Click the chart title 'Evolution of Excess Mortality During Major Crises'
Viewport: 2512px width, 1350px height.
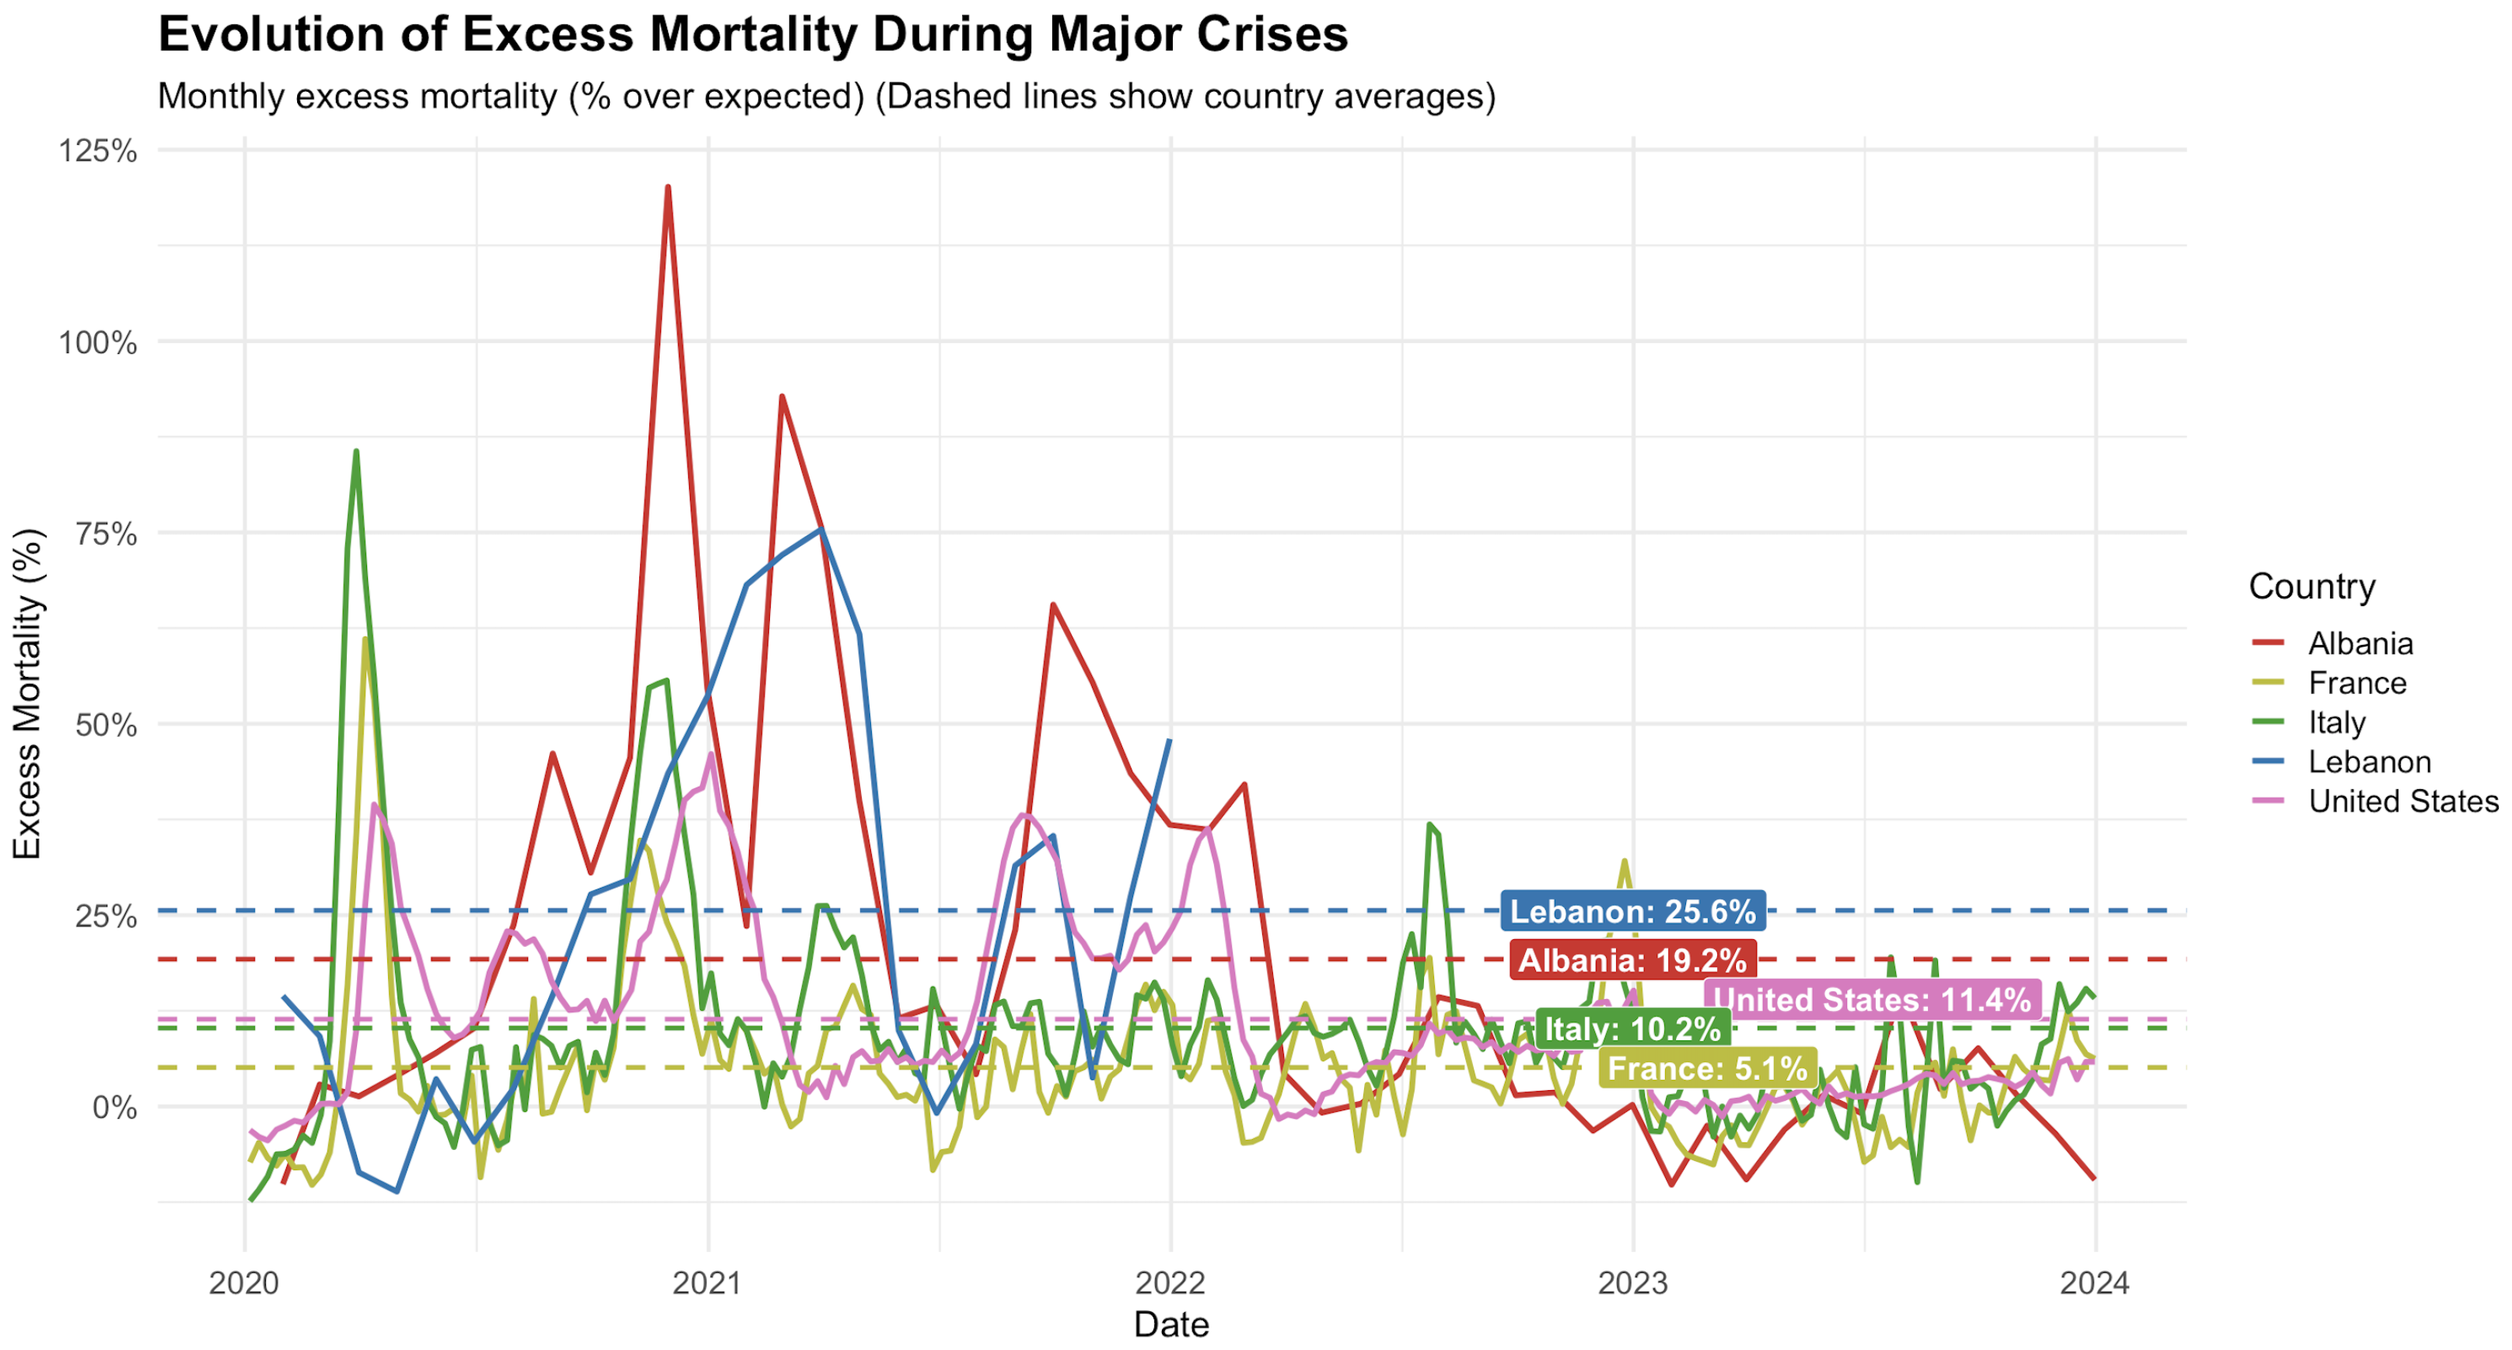(753, 34)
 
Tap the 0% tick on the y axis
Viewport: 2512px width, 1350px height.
(114, 1107)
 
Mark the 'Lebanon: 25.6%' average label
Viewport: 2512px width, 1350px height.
(1633, 911)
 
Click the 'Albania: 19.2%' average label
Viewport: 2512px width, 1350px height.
(1632, 960)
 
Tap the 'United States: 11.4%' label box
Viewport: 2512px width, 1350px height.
(1872, 1000)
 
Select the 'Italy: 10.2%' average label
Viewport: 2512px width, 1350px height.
(1633, 1028)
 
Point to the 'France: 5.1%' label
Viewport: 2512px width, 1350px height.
(1708, 1068)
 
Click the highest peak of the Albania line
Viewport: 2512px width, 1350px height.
(668, 186)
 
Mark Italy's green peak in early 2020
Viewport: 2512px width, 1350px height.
(356, 451)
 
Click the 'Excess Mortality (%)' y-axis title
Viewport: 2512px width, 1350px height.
(27, 695)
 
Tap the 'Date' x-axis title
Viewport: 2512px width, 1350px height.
(1171, 1324)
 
